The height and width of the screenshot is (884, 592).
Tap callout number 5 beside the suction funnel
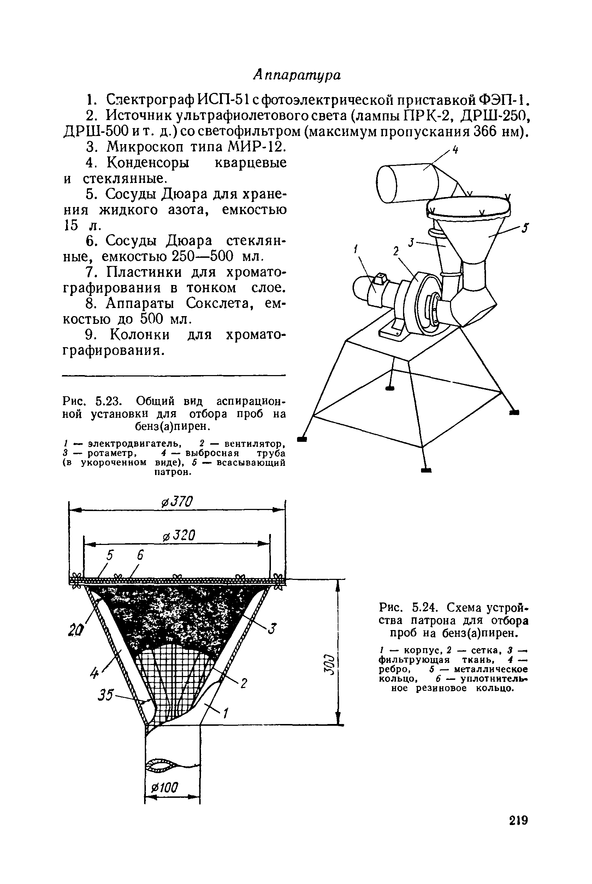coord(525,228)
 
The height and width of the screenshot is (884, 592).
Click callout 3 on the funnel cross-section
coord(272,628)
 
